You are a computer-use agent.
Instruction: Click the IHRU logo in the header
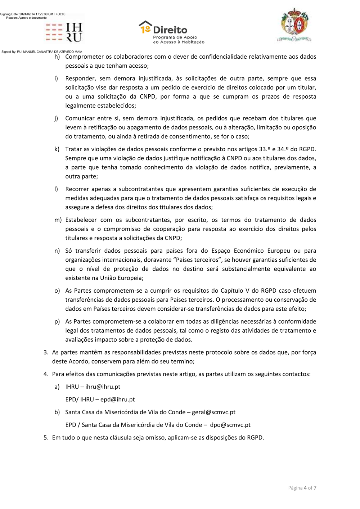coord(64,32)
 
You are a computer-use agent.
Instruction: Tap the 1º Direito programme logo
coord(171,32)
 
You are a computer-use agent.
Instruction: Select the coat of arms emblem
coord(294,25)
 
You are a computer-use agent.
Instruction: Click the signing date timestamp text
coord(33,14)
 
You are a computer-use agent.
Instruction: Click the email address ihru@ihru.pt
coord(103,387)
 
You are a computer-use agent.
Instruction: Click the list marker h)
coord(57,57)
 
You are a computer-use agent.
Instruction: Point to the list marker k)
coord(57,149)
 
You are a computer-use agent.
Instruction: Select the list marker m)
coord(58,220)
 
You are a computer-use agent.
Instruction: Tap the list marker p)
coord(57,321)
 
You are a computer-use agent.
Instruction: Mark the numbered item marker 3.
coord(46,352)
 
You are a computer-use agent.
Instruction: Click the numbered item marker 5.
coord(46,437)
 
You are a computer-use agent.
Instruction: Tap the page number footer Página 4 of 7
coord(302,488)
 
